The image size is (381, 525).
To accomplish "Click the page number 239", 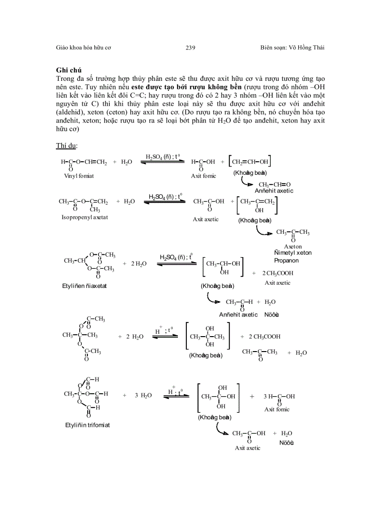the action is click(x=190, y=48).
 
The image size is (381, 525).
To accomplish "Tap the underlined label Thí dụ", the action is click(x=67, y=145).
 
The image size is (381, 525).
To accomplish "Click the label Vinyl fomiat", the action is click(x=79, y=176).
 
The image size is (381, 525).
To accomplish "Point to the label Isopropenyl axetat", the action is click(x=85, y=217).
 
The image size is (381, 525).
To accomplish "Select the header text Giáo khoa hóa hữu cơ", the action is click(x=83, y=48).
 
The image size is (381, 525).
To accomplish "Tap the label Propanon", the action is click(x=286, y=260).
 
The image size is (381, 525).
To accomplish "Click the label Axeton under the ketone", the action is click(x=293, y=246).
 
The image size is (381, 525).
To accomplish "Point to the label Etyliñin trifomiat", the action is click(x=88, y=425).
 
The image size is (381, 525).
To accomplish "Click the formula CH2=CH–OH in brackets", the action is click(x=250, y=162).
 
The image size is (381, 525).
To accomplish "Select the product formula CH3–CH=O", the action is click(x=275, y=184).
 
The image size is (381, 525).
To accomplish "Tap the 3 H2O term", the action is click(x=143, y=396).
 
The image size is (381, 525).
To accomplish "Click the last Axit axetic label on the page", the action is click(x=247, y=448).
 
